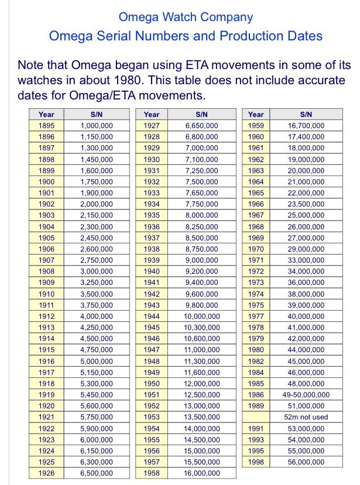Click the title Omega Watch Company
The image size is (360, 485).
(186, 18)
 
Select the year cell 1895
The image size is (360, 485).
(46, 126)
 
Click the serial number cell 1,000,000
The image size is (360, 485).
(97, 126)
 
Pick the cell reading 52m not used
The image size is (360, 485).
(306, 417)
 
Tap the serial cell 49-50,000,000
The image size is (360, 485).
(306, 395)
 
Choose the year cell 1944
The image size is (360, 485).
(151, 317)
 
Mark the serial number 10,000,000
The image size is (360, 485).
(202, 317)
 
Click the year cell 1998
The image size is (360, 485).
(256, 462)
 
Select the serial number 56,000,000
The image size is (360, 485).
(306, 462)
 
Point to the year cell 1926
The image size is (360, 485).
(46, 473)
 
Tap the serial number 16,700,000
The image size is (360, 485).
(306, 126)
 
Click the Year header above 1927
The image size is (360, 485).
(151, 115)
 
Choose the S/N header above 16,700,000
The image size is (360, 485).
(306, 115)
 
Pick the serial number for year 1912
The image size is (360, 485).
(97, 317)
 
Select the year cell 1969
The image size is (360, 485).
(256, 238)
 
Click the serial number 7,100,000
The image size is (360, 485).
(202, 159)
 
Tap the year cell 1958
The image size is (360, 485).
(151, 473)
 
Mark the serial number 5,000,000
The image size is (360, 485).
(97, 362)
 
